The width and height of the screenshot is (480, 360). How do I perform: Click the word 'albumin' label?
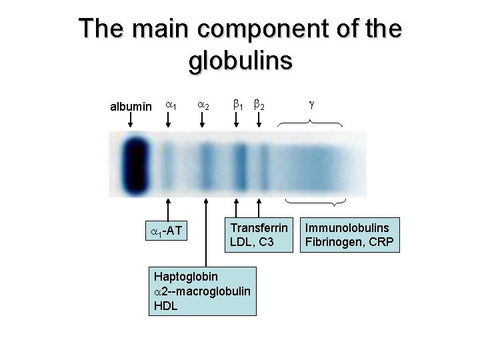(131, 107)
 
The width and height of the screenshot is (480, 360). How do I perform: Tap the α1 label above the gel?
(170, 105)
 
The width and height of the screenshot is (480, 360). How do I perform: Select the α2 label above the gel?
(204, 105)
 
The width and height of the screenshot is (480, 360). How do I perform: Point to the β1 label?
(237, 105)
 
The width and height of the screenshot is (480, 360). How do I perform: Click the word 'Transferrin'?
(259, 227)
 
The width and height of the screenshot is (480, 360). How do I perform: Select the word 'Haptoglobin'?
(185, 276)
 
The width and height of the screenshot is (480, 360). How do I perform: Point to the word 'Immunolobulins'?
(347, 228)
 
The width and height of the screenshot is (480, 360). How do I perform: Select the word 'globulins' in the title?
(241, 61)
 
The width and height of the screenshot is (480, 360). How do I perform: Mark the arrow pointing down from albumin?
(131, 121)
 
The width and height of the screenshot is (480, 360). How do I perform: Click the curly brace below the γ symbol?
(310, 122)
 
